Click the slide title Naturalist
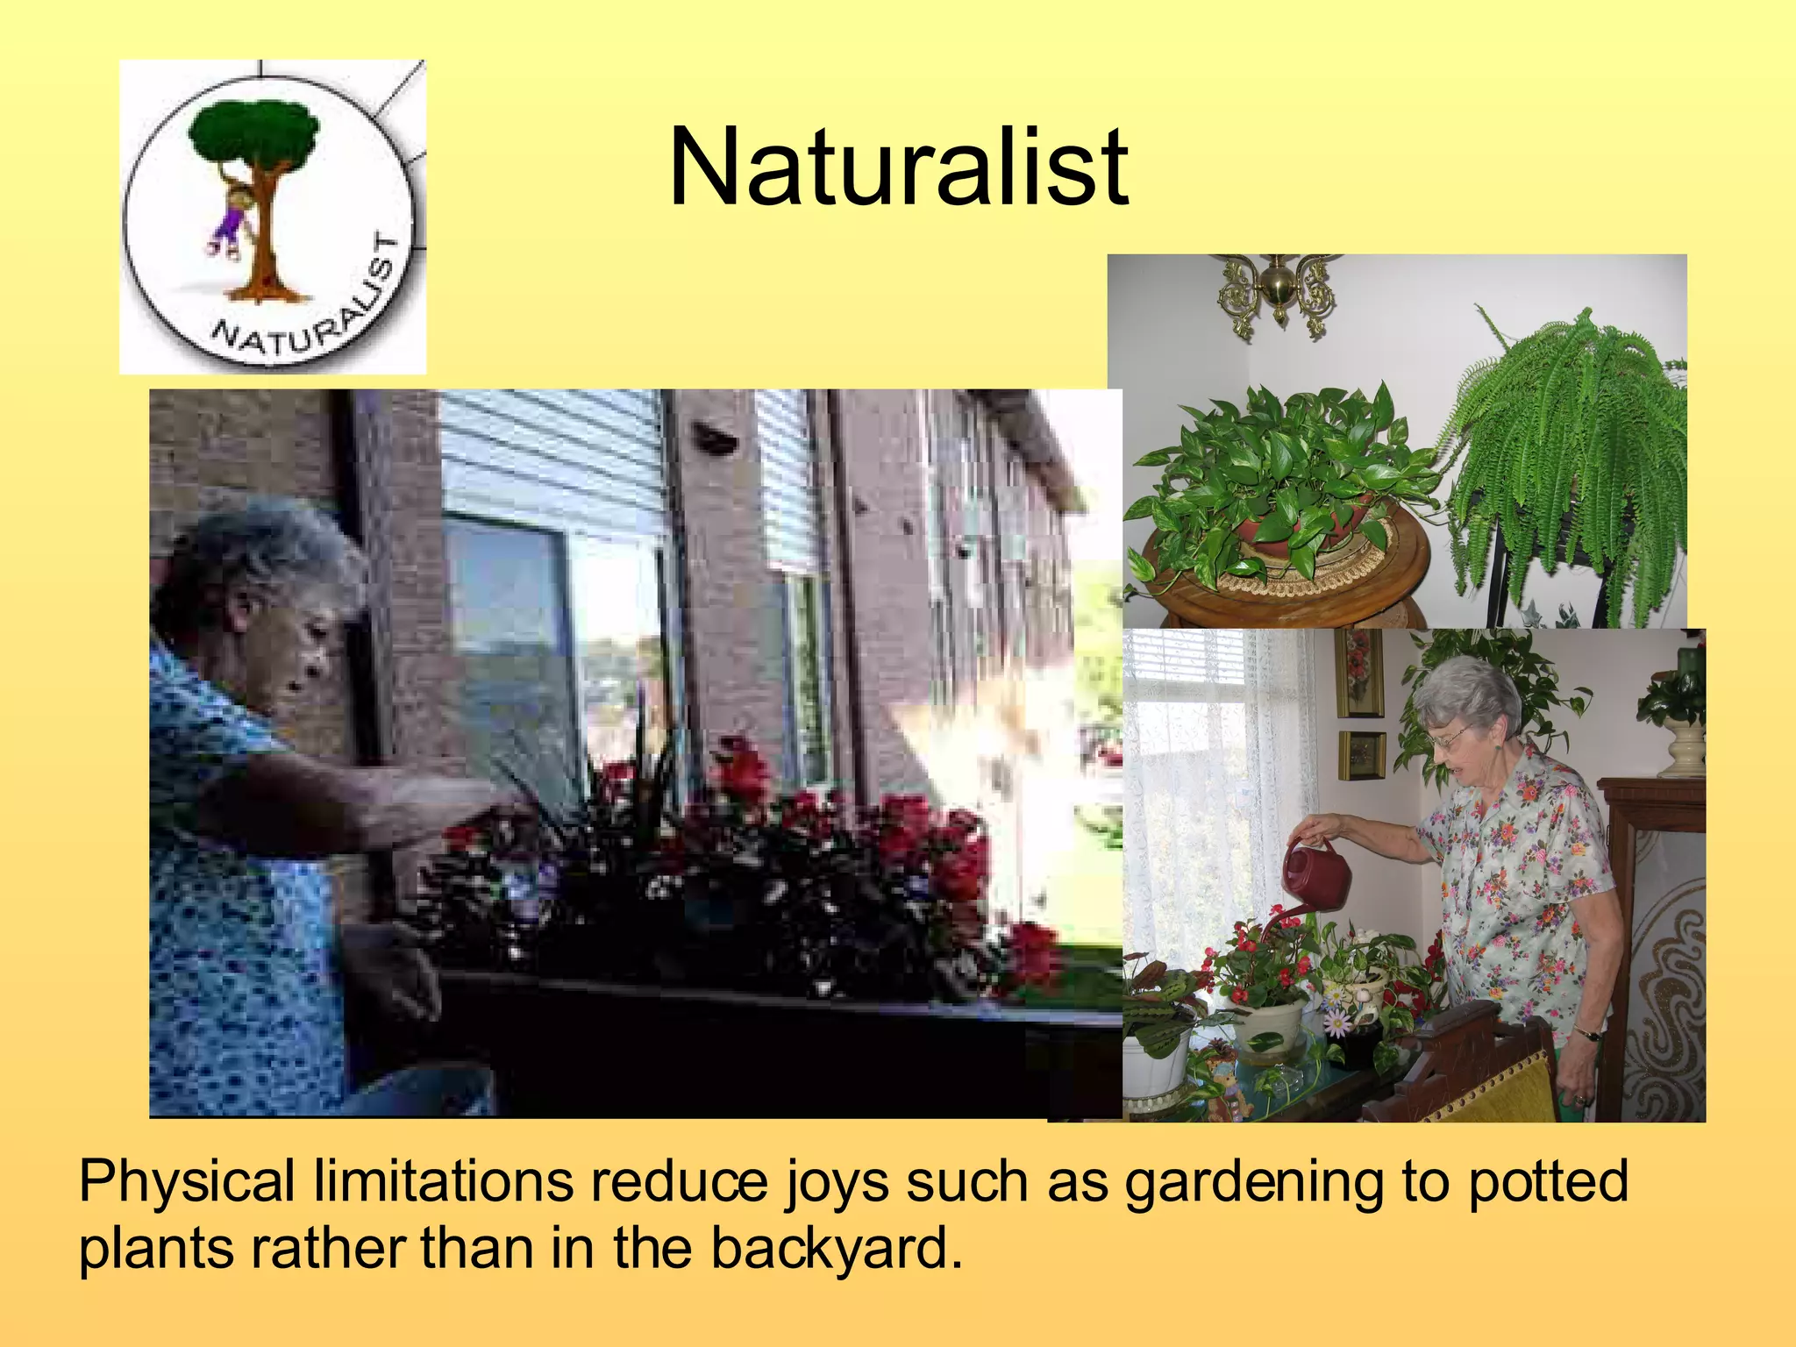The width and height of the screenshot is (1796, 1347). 898,167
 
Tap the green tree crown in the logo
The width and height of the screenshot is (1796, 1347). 254,136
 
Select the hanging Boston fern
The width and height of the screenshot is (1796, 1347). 1570,456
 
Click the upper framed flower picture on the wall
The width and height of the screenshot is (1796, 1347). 1358,671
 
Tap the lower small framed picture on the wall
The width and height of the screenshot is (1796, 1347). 1360,755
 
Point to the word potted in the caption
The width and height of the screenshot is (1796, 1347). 1548,1181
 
